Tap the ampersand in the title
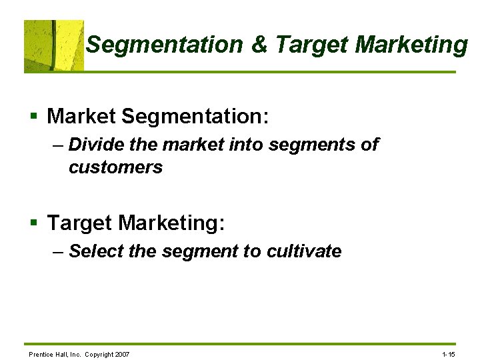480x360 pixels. [259, 45]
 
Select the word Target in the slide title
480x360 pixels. [311, 45]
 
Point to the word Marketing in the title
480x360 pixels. [411, 45]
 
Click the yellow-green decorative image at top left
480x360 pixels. [54, 45]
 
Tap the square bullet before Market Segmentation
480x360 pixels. [33, 117]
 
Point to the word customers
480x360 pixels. [115, 167]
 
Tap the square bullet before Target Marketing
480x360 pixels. [33, 223]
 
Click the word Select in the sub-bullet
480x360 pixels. [93, 251]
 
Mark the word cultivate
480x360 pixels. [304, 251]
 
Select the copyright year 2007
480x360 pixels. [122, 354]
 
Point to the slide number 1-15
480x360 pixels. [448, 354]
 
